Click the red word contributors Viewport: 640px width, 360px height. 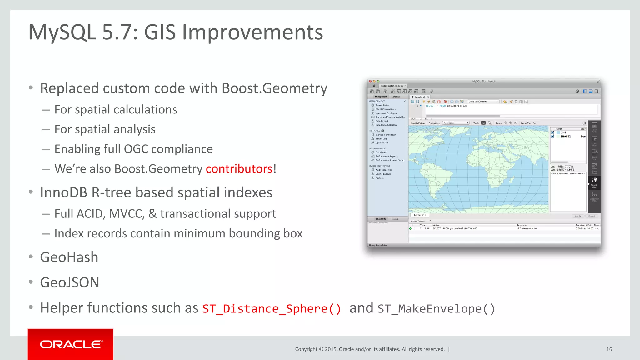tap(239, 169)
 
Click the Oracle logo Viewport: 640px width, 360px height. tap(71, 344)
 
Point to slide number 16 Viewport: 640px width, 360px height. tap(609, 349)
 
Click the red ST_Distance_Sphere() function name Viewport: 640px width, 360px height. tap(272, 309)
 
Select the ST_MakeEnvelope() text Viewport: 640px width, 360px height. tap(436, 309)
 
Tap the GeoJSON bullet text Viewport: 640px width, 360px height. tap(70, 282)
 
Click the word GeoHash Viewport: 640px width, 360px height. tap(69, 257)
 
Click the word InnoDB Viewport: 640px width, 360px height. tap(64, 192)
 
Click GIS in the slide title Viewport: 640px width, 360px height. tap(160, 32)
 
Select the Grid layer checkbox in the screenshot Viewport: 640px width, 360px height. tap(552, 132)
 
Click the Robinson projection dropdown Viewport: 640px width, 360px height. tap(456, 123)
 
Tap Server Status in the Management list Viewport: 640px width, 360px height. tap(382, 105)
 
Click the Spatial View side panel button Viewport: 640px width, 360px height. tap(594, 182)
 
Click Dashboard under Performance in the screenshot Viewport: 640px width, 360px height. tap(381, 152)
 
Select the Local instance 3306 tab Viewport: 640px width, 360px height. tap(392, 86)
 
